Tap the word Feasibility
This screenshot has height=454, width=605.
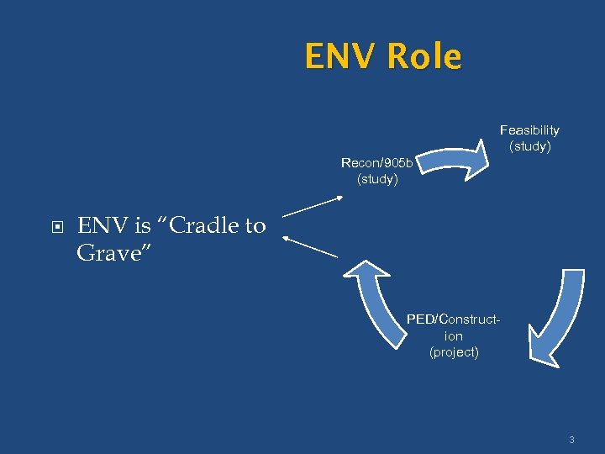tap(529, 130)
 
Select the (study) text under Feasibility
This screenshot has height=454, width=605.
tap(530, 146)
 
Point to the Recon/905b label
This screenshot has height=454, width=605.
tap(376, 163)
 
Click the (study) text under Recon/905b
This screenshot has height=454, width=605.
tap(377, 179)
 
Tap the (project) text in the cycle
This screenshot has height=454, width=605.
tap(454, 351)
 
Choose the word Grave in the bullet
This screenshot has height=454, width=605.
tap(106, 252)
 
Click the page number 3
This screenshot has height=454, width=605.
tap(571, 440)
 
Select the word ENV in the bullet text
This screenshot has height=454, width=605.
tap(100, 225)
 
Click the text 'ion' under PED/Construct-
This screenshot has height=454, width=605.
tap(454, 335)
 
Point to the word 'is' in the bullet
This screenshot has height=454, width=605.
tap(140, 225)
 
